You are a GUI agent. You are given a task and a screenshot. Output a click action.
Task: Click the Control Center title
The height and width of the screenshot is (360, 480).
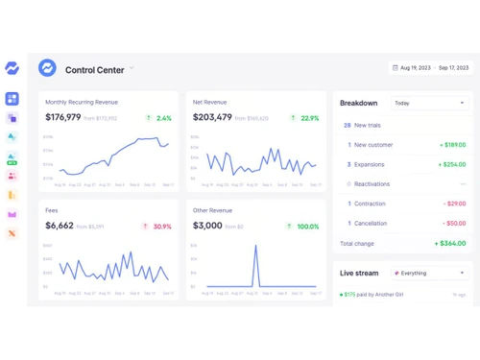[x=93, y=69]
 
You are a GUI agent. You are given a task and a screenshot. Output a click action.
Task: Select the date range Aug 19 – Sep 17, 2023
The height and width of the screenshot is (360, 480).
[x=431, y=68]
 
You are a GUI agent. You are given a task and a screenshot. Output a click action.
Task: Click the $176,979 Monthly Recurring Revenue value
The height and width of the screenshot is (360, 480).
[x=63, y=118]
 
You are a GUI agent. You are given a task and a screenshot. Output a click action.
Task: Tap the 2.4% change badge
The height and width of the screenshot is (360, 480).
[x=159, y=118]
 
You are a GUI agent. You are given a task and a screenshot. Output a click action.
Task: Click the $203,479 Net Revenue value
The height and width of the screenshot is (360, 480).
[x=212, y=118]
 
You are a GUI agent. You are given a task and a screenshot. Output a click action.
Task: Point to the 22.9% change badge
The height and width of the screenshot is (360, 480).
[x=305, y=118]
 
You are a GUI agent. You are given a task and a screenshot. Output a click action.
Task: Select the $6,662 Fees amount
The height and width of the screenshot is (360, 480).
[x=60, y=227]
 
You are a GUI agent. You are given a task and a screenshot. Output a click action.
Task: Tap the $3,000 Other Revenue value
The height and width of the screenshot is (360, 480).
[x=208, y=227]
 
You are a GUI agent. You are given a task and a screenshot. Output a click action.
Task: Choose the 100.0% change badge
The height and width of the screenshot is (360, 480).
[x=304, y=227]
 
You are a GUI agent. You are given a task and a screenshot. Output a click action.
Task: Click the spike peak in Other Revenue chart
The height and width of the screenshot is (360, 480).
[x=255, y=246]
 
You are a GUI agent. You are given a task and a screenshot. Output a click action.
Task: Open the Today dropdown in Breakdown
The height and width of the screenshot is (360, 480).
[x=428, y=103]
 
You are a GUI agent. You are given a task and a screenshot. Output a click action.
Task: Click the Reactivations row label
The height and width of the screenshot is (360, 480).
[x=373, y=183]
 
